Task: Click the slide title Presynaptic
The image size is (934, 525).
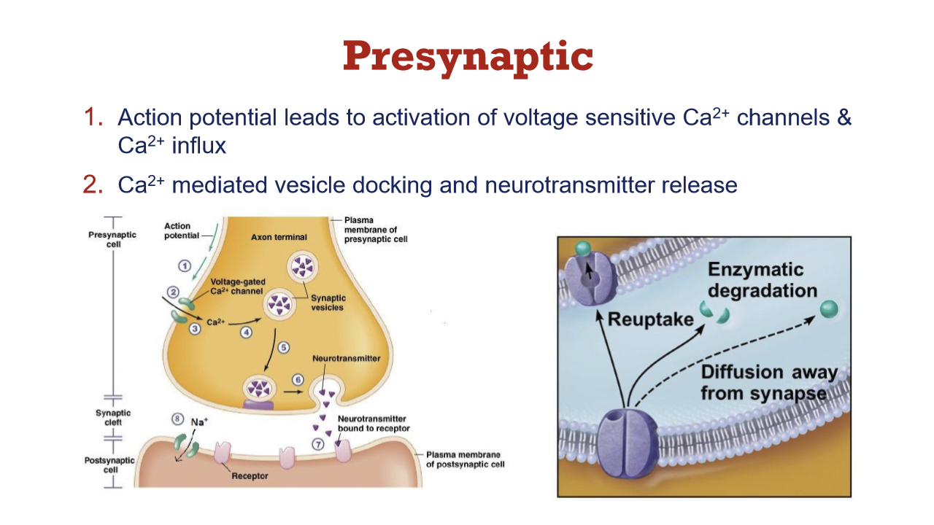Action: [468, 56]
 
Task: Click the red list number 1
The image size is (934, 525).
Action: [93, 117]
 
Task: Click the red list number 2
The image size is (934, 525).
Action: [93, 184]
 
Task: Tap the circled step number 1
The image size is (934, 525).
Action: [185, 265]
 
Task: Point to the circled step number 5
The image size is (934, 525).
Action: [285, 347]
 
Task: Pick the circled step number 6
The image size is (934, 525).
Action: [298, 380]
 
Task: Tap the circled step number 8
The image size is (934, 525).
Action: [177, 419]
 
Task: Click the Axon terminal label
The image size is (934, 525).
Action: [279, 237]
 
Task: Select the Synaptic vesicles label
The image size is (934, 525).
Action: [328, 303]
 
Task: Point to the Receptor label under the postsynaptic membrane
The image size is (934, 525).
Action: [250, 476]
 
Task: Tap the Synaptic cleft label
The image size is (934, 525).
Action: [113, 417]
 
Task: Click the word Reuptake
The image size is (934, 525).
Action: [650, 319]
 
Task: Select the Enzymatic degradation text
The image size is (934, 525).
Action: [763, 280]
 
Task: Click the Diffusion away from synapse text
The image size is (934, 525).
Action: [770, 383]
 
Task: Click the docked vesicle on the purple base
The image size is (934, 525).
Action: [258, 388]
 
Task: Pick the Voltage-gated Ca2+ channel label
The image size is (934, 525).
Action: [237, 286]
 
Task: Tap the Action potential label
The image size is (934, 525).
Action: [177, 230]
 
